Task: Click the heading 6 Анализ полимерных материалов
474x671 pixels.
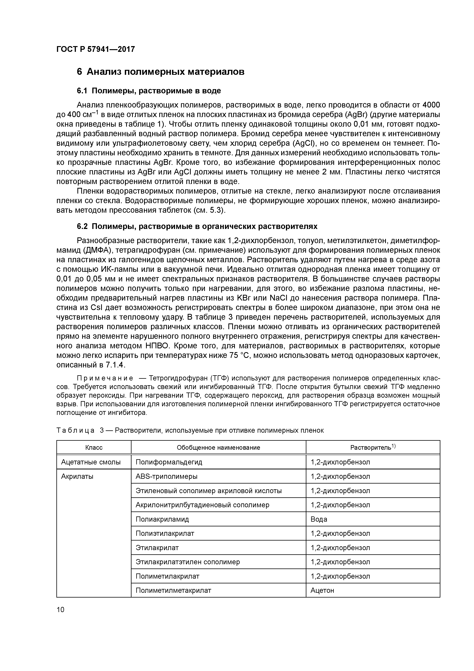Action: click(160, 72)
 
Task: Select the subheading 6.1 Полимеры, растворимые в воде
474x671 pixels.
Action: click(149, 91)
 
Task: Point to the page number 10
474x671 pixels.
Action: click(60, 610)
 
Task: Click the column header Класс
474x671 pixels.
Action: click(94, 447)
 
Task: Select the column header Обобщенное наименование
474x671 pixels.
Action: click(218, 447)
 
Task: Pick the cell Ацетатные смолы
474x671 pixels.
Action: click(91, 462)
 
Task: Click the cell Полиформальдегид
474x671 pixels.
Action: click(169, 462)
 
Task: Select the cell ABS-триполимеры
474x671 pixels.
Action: click(166, 476)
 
